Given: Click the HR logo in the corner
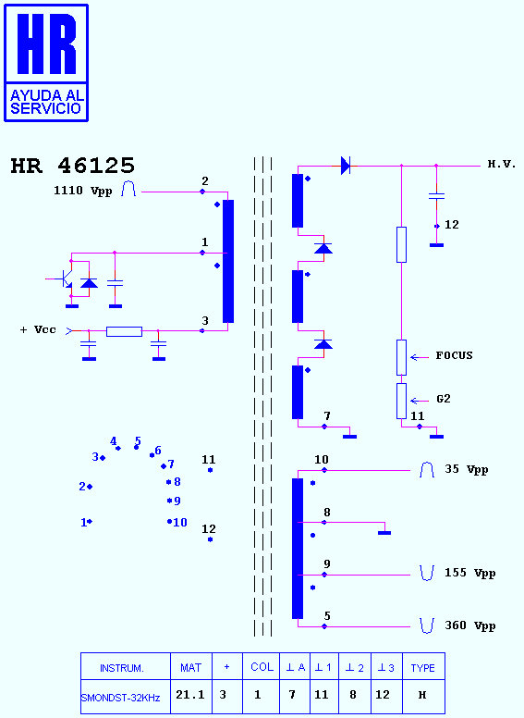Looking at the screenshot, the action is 45,63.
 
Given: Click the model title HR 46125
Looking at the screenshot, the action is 73,166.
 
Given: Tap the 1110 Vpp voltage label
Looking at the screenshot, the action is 83,191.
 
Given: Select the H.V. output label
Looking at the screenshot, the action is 502,164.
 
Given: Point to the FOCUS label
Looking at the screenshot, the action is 454,355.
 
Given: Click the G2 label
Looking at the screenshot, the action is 444,399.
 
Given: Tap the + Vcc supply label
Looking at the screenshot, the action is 38,329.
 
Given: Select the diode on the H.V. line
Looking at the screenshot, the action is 346,166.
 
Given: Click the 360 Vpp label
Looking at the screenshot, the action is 470,626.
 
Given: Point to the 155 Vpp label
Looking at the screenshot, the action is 470,574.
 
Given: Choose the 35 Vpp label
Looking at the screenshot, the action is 467,470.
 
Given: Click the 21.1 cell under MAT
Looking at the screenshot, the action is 190,695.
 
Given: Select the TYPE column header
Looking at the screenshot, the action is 423,668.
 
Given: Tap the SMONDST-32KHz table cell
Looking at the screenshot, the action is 121,698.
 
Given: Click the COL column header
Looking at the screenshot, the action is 262,667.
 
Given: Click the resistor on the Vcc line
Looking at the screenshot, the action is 124,331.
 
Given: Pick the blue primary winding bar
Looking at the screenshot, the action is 228,262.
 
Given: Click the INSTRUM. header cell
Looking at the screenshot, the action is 122,668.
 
